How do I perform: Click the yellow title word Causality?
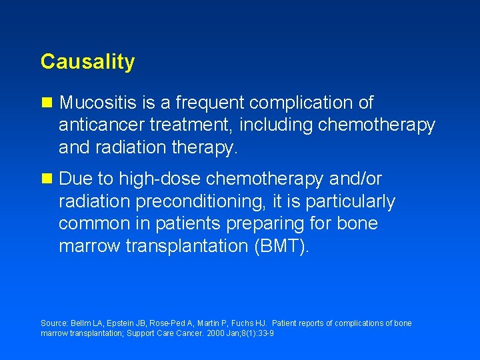[x=87, y=62]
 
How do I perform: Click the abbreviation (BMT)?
[x=281, y=246]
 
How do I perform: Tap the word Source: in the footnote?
[x=54, y=323]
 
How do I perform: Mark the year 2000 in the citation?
[x=209, y=333]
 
